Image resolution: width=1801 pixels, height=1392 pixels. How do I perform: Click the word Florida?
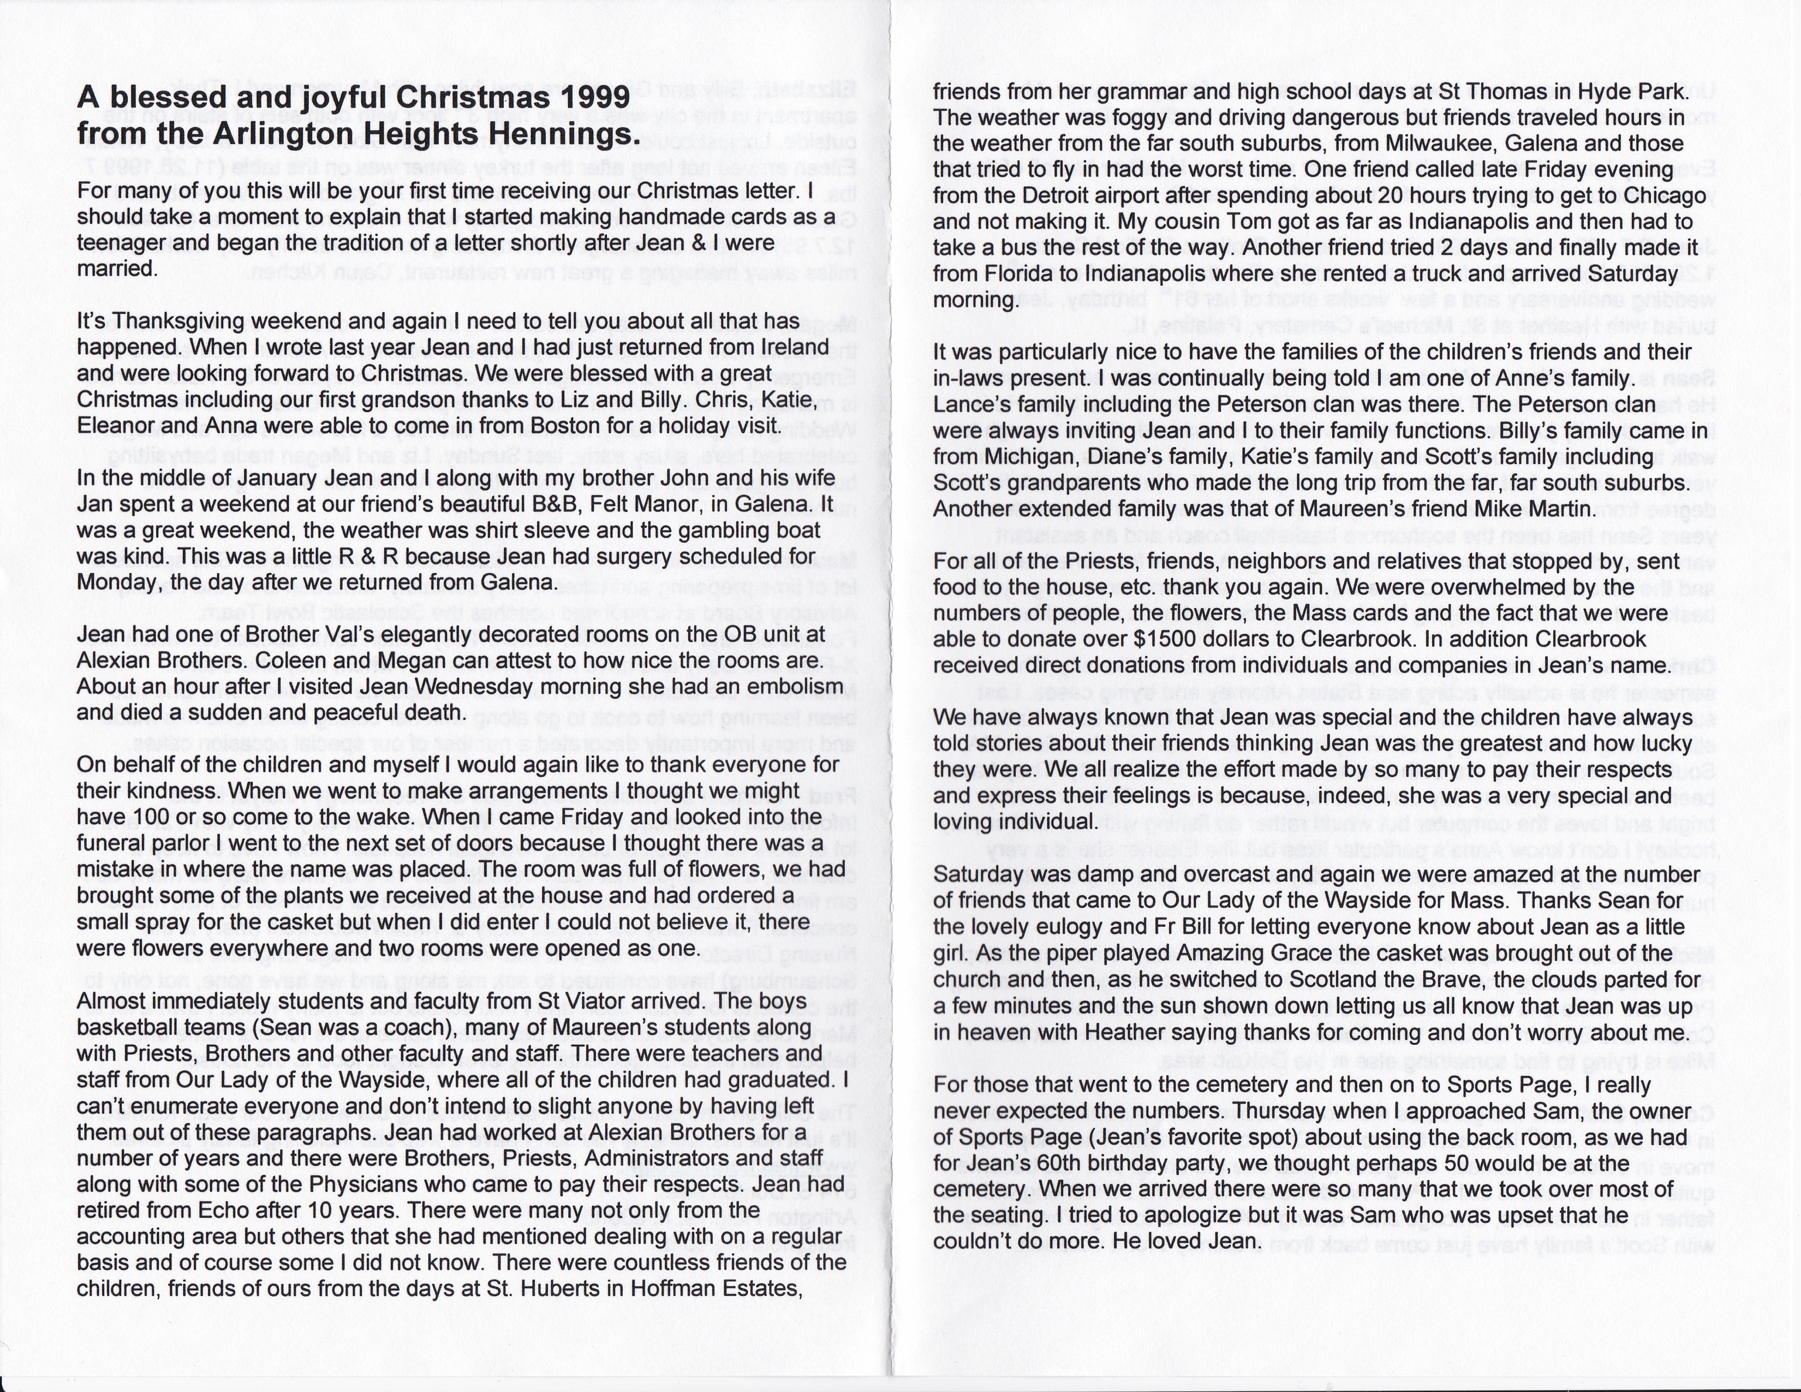point(1034,274)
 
